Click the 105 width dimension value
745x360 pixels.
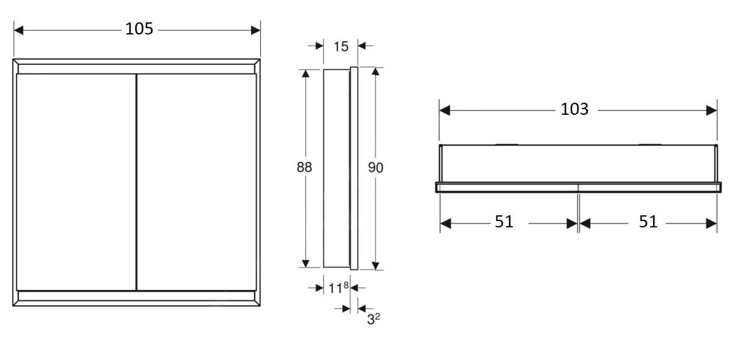coord(140,29)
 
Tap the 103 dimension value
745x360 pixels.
coord(574,109)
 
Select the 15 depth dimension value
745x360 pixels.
coord(341,46)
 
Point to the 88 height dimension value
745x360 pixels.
coord(304,167)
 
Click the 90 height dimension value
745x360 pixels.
coord(375,167)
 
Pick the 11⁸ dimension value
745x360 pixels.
coord(338,288)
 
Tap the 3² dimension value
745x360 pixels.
coord(373,319)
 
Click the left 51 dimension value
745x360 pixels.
coord(504,222)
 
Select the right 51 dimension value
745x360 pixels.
coord(648,222)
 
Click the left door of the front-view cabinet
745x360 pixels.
coord(76,181)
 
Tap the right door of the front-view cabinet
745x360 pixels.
coord(196,181)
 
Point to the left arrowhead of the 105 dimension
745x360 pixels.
coord(18,29)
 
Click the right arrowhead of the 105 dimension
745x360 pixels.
coord(256,29)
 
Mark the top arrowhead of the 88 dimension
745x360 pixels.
coord(306,73)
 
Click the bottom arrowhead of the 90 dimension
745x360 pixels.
coord(375,265)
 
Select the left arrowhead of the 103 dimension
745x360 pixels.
coord(445,110)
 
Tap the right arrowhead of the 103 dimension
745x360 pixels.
coord(712,110)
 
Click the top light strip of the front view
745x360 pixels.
coord(137,68)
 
